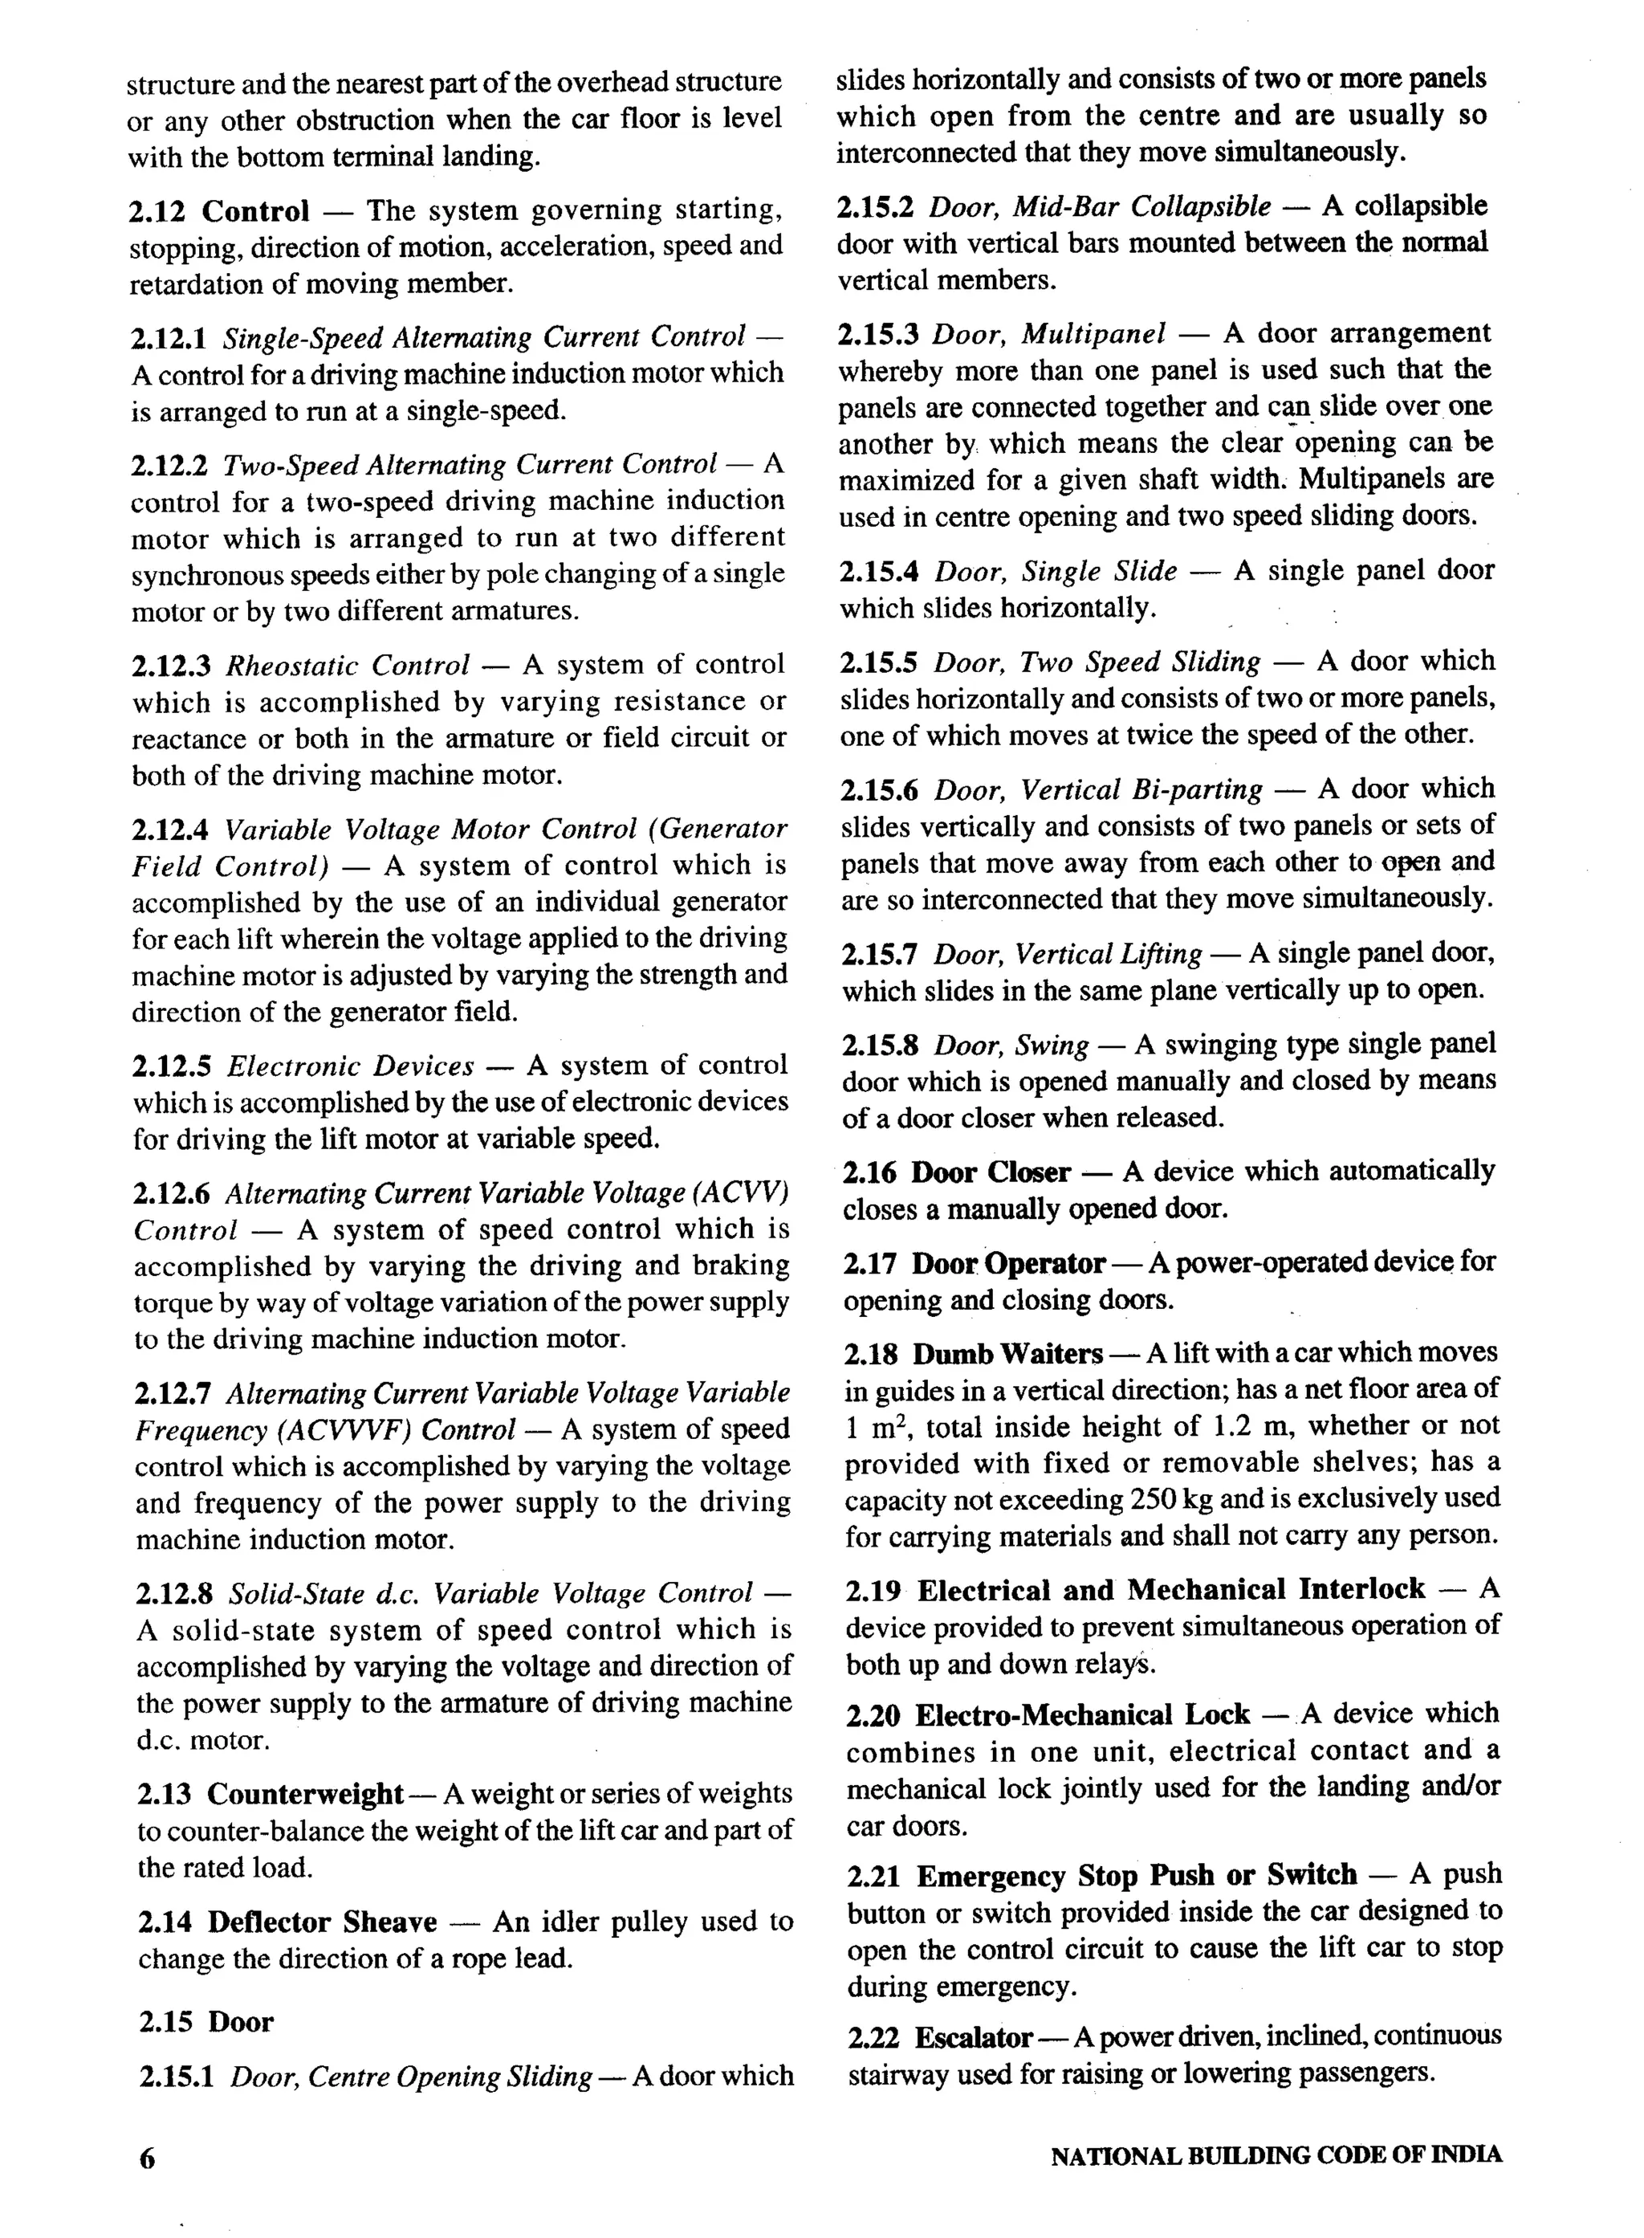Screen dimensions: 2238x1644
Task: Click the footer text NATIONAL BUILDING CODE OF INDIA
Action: (x=1276, y=2155)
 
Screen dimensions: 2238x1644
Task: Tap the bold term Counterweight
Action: (x=304, y=1793)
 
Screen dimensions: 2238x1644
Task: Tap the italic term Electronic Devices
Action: (x=350, y=1066)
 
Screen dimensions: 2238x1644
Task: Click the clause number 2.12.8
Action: (x=174, y=1594)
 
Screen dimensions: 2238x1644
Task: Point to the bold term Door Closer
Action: (x=991, y=1172)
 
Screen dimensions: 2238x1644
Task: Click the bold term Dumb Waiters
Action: (x=1007, y=1354)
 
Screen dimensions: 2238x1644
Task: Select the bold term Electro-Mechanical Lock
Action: (x=1082, y=1714)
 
